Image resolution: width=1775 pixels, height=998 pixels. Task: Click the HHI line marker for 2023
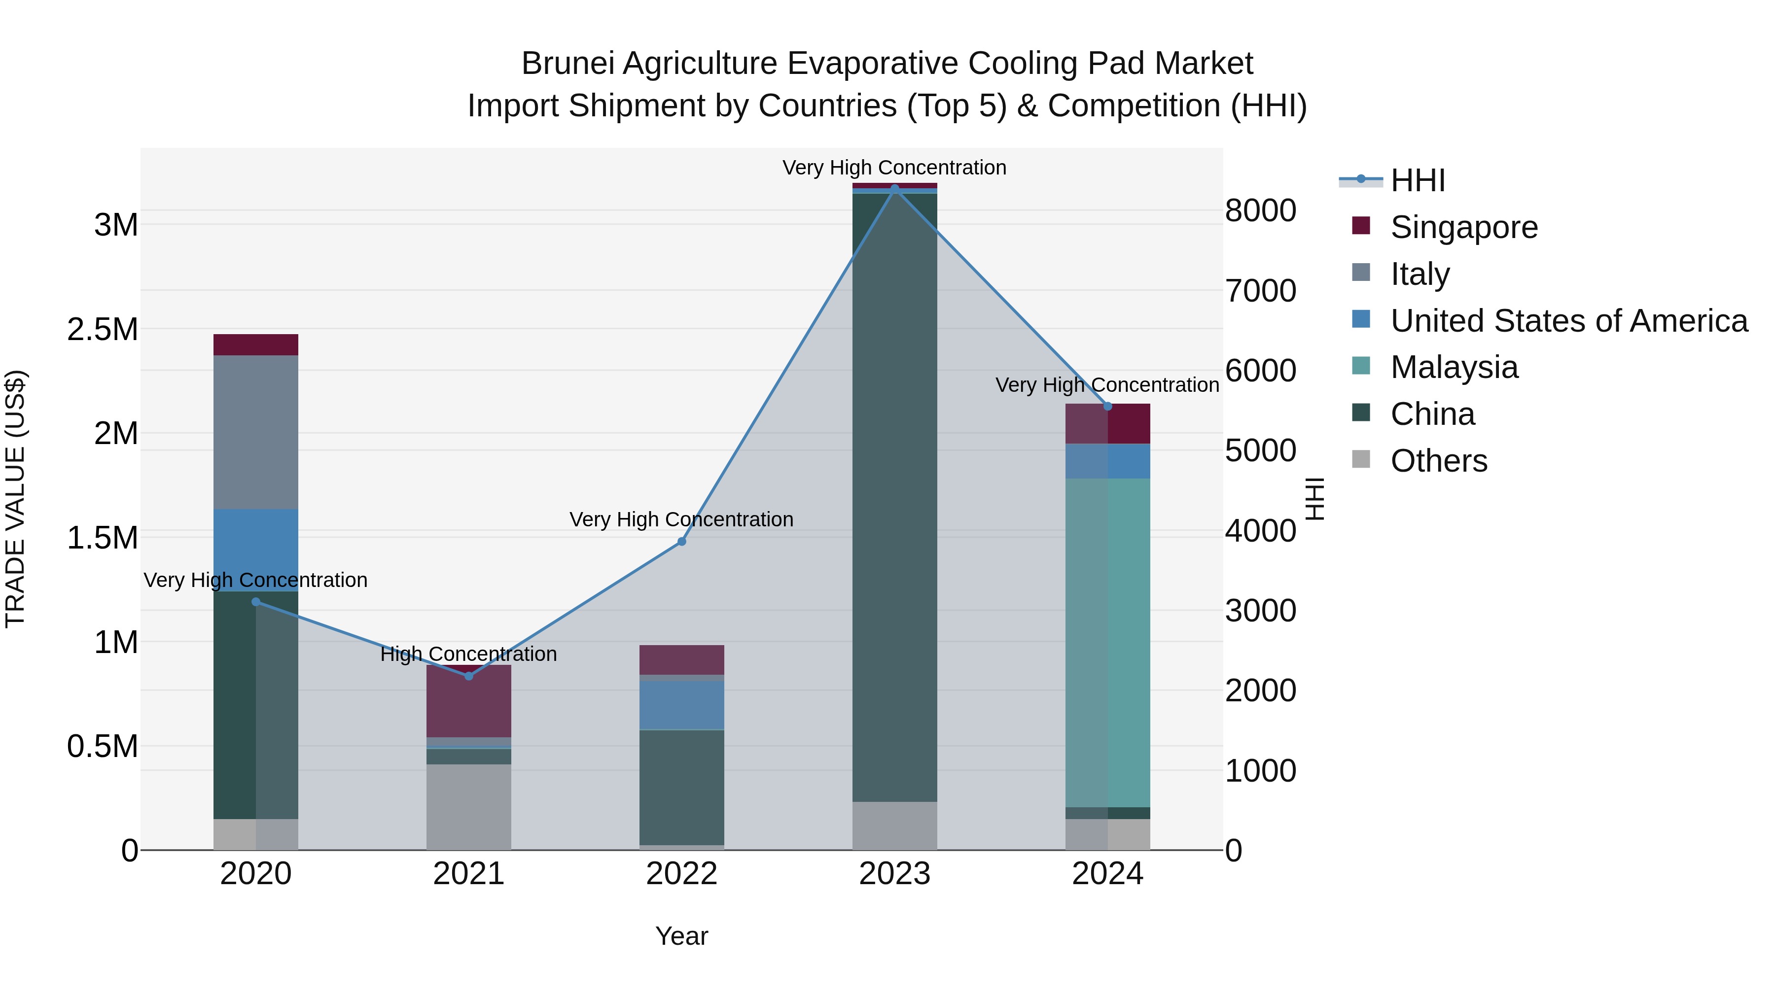coord(894,189)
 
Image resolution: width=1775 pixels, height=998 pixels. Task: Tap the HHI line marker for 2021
coord(468,676)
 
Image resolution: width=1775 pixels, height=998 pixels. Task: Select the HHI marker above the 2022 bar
coord(681,541)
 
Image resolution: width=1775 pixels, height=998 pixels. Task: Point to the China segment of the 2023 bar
coord(894,496)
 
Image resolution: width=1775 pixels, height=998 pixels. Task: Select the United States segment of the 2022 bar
coord(681,705)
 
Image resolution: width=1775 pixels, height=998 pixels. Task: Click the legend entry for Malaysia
coord(1454,367)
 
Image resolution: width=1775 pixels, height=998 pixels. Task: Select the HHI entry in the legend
coord(1417,180)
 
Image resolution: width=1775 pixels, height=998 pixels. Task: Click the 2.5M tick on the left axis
coord(102,329)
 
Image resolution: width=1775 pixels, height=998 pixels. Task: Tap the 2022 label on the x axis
coord(681,874)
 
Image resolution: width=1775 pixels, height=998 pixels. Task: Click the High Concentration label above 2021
coord(468,654)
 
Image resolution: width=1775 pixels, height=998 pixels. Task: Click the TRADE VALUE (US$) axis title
coord(15,499)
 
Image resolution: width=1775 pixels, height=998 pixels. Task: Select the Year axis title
coord(681,936)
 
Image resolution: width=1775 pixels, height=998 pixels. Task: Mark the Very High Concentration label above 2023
coord(894,168)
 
